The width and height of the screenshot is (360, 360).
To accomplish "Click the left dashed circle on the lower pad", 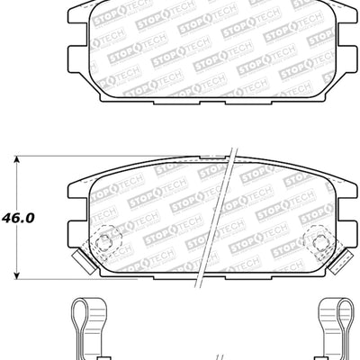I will click(x=105, y=240).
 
